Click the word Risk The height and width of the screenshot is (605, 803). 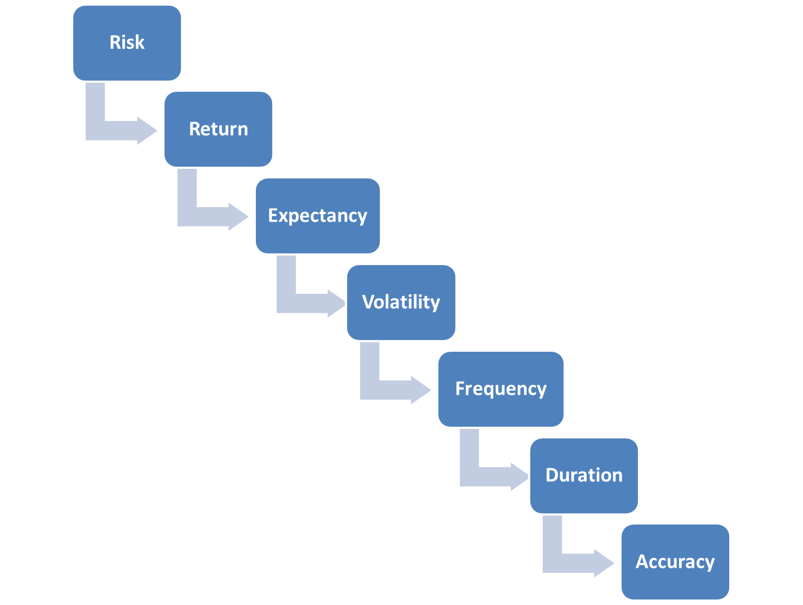pos(127,42)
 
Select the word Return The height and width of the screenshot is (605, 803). pos(219,129)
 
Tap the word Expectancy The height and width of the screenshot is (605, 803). pos(317,216)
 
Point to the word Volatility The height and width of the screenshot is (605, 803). pos(401,303)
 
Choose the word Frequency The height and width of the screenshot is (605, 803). pos(500,389)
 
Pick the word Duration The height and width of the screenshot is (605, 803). pos(583,475)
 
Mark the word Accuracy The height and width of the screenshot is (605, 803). pos(675,562)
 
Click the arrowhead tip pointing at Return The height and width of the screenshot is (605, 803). pos(157,131)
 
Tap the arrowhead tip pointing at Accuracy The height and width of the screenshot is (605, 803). pos(614,563)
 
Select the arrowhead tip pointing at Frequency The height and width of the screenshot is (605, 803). pos(431,390)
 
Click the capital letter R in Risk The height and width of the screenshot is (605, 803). pos(115,42)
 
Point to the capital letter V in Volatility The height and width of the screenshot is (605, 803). pos(369,302)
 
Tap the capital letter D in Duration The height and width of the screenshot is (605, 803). pos(552,475)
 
